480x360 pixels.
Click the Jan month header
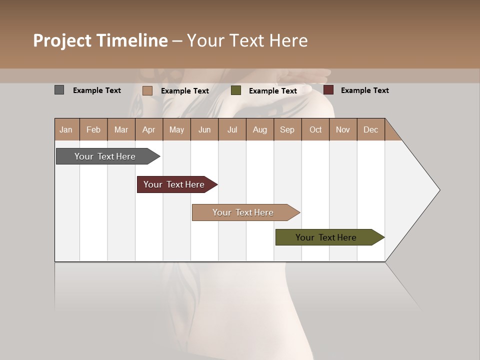coord(66,129)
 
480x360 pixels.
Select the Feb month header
coord(93,129)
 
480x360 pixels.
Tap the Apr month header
coord(148,129)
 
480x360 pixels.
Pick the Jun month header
coord(204,129)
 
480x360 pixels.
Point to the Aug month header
coord(259,129)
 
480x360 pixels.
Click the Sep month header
coord(287,129)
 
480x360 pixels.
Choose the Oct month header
coord(315,129)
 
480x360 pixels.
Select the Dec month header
coord(370,129)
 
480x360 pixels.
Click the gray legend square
coord(59,90)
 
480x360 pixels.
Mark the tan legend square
coord(147,90)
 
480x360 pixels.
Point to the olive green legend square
coord(236,90)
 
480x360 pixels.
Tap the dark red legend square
coord(328,90)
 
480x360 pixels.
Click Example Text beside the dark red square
coord(364,90)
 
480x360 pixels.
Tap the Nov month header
coord(342,129)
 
